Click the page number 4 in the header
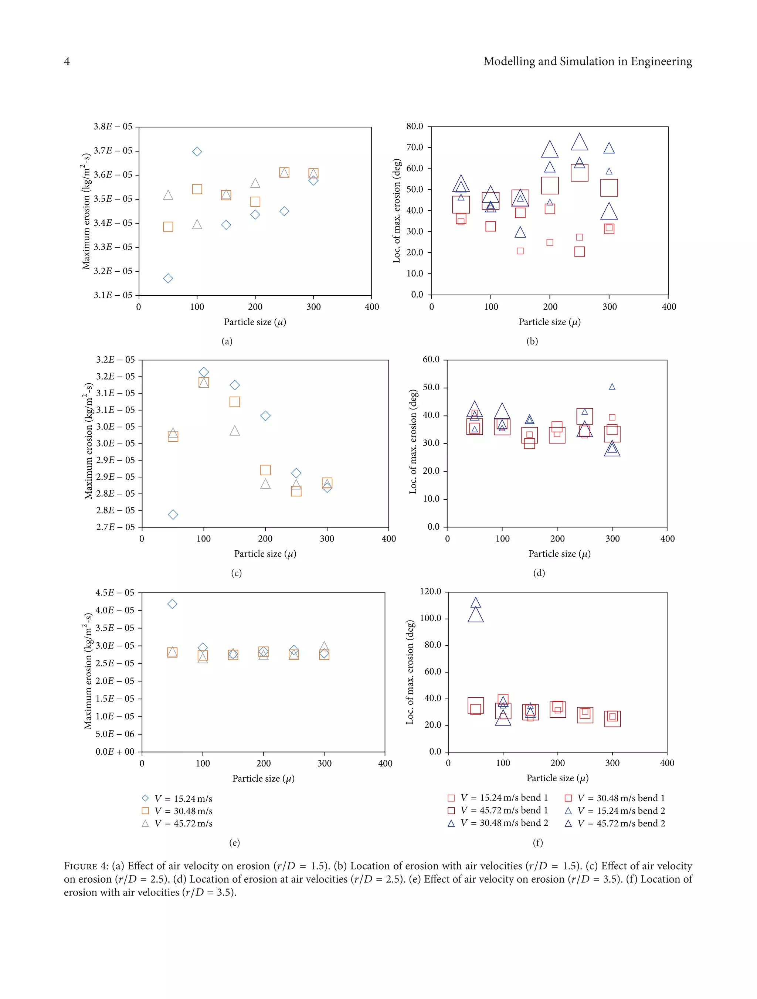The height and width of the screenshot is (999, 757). pos(67,61)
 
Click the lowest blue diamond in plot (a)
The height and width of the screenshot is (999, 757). pos(168,278)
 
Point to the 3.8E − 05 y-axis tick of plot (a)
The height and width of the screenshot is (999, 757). pos(113,126)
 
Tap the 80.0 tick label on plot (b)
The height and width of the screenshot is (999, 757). pos(414,126)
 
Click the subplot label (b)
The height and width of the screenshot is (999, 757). pos(532,342)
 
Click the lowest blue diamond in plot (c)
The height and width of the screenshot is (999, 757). pos(173,514)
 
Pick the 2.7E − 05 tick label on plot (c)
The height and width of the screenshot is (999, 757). pos(115,527)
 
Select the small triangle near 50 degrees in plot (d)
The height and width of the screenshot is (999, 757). pos(612,387)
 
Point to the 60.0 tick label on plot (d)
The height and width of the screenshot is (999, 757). pos(431,360)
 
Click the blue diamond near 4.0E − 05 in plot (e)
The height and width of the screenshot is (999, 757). pos(172,604)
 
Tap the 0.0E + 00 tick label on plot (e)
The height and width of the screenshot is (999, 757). pos(115,751)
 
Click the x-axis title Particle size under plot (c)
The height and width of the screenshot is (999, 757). pos(265,554)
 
